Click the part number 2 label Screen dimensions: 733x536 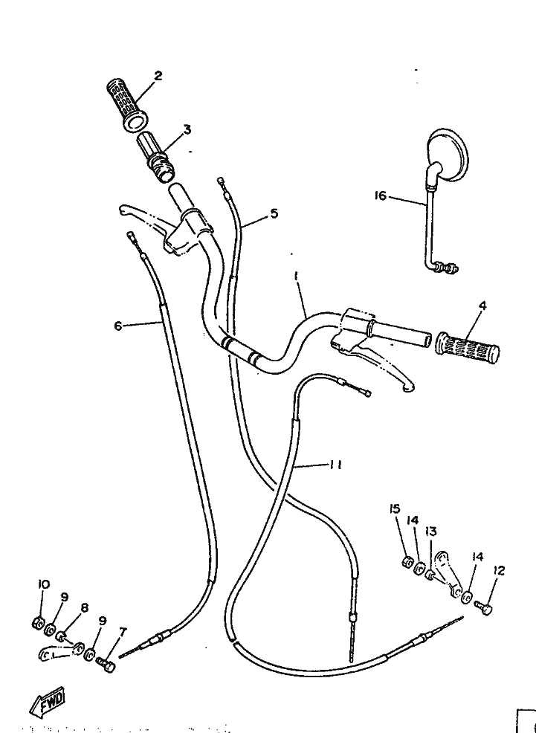(x=158, y=76)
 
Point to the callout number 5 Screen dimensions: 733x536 (x=274, y=213)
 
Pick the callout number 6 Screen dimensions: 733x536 (x=117, y=325)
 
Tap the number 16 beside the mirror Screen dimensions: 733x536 (x=381, y=196)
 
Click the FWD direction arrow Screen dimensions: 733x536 (x=48, y=699)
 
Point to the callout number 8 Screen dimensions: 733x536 (x=84, y=607)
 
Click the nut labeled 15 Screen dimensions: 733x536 (x=407, y=562)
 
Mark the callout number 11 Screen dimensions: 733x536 (x=335, y=465)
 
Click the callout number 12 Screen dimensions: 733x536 (x=499, y=570)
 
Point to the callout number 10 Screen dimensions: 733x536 (x=43, y=585)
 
